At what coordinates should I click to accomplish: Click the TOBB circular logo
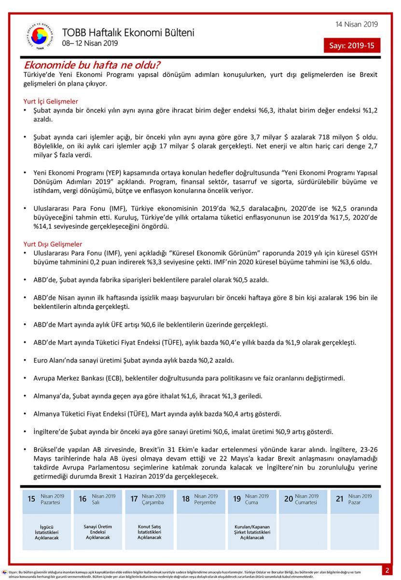tap(40, 36)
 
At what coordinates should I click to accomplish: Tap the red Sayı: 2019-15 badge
tap(352, 46)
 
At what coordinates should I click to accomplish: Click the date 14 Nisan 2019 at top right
tap(357, 25)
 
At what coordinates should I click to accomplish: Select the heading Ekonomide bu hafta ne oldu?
tap(92, 65)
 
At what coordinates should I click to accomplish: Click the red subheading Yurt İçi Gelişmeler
tap(51, 101)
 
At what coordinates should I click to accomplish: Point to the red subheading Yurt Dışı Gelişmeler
tap(53, 244)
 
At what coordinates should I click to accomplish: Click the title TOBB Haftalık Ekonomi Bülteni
tap(128, 33)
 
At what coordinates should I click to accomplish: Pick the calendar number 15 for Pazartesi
tap(31, 499)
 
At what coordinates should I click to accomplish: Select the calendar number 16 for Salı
tap(83, 499)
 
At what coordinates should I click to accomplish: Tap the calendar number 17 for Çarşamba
tap(134, 499)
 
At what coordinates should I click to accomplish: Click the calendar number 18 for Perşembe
tap(186, 499)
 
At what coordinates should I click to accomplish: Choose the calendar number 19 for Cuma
tap(237, 499)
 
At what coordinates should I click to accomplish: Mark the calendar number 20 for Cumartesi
tap(288, 499)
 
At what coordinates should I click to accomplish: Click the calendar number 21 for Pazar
tap(340, 499)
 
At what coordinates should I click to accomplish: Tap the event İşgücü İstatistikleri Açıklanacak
tap(47, 532)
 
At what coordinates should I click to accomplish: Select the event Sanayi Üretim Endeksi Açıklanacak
tap(98, 532)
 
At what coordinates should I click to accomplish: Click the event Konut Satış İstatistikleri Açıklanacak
tap(150, 532)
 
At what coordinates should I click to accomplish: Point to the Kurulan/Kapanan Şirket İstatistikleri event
tap(252, 532)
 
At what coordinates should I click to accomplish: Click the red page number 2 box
tap(387, 570)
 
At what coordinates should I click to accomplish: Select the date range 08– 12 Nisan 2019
tap(90, 43)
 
